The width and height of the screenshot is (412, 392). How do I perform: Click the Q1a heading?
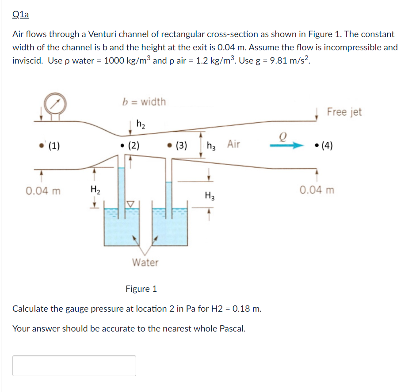(x=20, y=15)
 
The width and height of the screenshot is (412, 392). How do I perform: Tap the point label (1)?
(x=54, y=146)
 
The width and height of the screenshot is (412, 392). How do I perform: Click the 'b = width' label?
(x=144, y=102)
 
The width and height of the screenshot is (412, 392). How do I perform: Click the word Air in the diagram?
(x=234, y=143)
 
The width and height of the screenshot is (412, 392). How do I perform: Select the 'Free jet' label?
(x=344, y=112)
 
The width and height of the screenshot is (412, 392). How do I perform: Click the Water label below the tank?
(x=145, y=263)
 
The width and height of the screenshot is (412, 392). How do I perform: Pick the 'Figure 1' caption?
(x=141, y=289)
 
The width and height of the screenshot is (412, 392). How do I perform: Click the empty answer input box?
(x=74, y=366)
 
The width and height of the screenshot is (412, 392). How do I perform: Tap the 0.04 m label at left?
(x=43, y=191)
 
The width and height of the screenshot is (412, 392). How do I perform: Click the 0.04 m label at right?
(x=317, y=190)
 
